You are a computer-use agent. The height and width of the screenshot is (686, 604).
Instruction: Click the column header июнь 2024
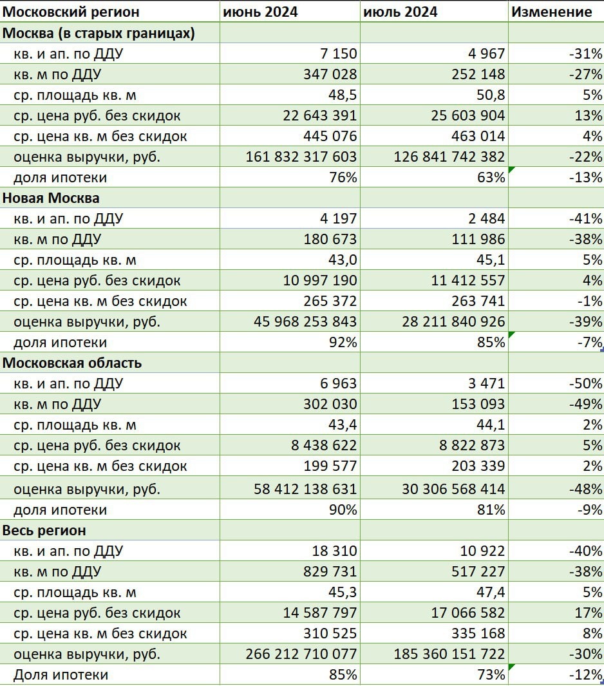click(x=261, y=12)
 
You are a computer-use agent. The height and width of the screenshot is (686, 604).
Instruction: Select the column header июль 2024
click(x=401, y=12)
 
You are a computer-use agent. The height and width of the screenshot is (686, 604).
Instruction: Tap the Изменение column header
click(x=551, y=12)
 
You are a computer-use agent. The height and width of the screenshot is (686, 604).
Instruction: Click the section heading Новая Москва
click(x=51, y=198)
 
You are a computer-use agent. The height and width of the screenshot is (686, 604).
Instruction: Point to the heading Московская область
click(x=72, y=363)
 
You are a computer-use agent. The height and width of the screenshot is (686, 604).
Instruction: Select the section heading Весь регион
click(x=44, y=531)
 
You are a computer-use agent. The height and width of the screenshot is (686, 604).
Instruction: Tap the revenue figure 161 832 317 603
click(x=301, y=157)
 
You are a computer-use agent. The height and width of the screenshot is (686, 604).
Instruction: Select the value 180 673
click(x=330, y=239)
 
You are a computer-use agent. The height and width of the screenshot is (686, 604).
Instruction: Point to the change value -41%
click(x=585, y=218)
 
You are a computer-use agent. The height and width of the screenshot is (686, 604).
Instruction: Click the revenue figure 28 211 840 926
click(x=453, y=321)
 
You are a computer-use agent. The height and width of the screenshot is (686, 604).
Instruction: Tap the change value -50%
click(x=585, y=384)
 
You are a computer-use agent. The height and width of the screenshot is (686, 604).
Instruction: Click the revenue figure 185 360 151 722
click(x=449, y=654)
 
